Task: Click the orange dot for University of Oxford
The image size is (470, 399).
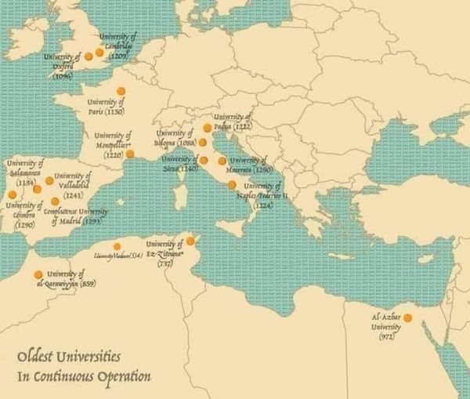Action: tap(88, 57)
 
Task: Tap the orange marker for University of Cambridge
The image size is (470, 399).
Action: tap(99, 53)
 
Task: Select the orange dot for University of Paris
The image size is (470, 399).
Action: tap(121, 92)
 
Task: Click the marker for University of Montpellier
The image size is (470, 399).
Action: tap(130, 154)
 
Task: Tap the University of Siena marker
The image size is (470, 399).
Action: tap(204, 160)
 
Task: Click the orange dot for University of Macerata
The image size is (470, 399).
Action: tap(222, 161)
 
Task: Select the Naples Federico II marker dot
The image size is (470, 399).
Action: tap(232, 185)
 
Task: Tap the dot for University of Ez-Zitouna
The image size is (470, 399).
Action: tap(190, 241)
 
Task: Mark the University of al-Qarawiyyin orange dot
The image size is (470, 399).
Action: tap(38, 274)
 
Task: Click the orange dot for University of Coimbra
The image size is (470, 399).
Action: tap(12, 194)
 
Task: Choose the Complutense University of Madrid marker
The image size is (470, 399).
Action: tap(55, 201)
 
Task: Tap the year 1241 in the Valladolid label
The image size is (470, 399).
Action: tap(74, 194)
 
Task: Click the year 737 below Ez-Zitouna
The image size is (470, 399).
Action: tap(164, 263)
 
